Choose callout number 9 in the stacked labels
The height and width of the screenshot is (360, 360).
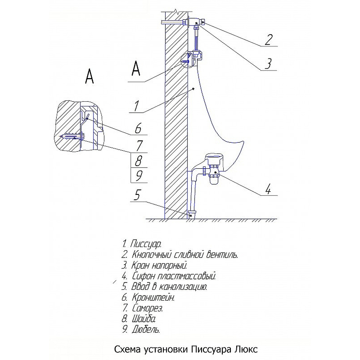tap(139, 175)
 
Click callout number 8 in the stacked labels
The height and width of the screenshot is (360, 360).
tap(139, 160)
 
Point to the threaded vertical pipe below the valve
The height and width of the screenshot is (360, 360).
tap(197, 40)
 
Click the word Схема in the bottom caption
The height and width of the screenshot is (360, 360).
tap(128, 350)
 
